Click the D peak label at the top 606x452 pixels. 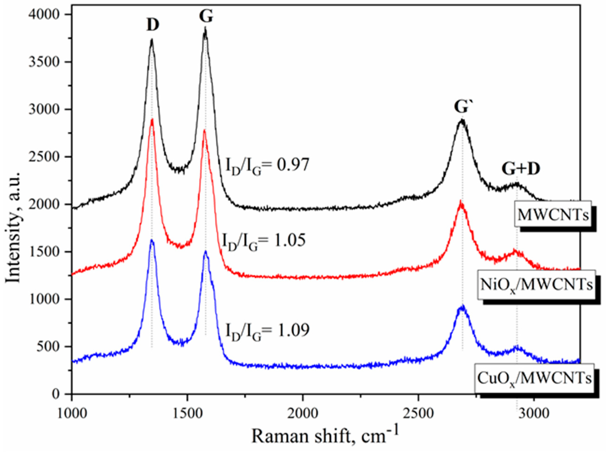(153, 25)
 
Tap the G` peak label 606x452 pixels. (462, 107)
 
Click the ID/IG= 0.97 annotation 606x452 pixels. (267, 166)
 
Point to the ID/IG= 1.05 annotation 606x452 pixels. (263, 241)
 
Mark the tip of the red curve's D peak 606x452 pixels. (152, 119)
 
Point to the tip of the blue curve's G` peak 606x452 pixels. (463, 306)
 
